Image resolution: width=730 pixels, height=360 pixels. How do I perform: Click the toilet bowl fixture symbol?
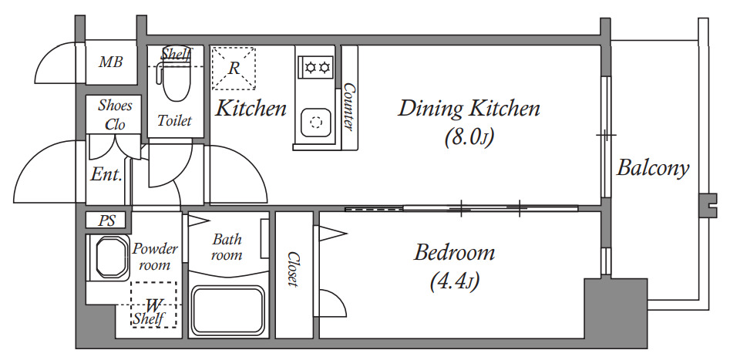click(x=174, y=82)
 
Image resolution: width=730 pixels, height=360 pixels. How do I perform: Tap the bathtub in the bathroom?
click(x=228, y=311)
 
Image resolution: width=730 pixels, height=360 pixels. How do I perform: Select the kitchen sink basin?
click(x=316, y=122)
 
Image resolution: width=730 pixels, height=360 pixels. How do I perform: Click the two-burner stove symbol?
click(x=317, y=68)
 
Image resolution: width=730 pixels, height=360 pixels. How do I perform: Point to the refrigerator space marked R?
click(x=234, y=68)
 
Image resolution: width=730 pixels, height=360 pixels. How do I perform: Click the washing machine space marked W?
click(x=153, y=304)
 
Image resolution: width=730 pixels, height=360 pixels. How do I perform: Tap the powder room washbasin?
click(x=112, y=257)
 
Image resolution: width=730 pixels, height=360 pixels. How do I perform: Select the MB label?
click(x=111, y=62)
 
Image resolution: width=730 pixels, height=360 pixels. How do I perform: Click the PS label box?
click(x=106, y=220)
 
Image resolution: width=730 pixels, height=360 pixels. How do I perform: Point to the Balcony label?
click(x=653, y=168)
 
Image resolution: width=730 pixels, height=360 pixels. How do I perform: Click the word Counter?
click(x=348, y=106)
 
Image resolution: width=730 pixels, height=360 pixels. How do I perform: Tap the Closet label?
click(x=293, y=269)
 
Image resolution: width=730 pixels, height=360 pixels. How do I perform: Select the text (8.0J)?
click(x=469, y=137)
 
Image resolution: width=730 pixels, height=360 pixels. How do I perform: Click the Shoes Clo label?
click(x=115, y=115)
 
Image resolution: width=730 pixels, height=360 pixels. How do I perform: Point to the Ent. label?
click(x=106, y=175)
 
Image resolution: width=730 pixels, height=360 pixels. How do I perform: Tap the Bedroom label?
click(x=454, y=253)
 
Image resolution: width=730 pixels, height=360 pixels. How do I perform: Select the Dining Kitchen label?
click(x=469, y=109)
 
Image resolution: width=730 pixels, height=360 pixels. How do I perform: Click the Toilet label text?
click(x=174, y=120)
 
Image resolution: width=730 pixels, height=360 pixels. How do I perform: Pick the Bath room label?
click(x=227, y=247)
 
